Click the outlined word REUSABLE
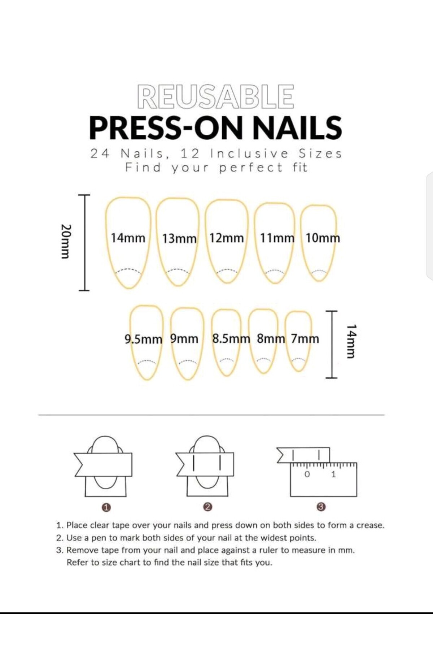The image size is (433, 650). (x=215, y=96)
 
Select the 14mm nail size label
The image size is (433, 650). (x=128, y=238)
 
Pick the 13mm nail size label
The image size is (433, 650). (x=179, y=239)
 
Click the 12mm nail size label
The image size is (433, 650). (x=227, y=238)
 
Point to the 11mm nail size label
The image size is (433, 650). (x=277, y=238)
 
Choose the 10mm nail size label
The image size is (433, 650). (x=323, y=238)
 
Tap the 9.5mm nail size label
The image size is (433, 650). (x=143, y=339)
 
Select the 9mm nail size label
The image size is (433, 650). (x=184, y=339)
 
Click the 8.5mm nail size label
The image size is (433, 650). (x=231, y=339)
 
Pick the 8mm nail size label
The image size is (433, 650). (x=271, y=339)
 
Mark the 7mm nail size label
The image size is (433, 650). (x=305, y=339)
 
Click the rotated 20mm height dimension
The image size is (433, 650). (x=65, y=241)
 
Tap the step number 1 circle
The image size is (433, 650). (x=106, y=507)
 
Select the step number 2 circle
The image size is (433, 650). (x=207, y=507)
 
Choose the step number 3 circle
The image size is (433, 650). (x=322, y=507)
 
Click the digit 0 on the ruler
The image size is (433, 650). (x=307, y=474)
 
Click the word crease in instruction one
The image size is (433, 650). (x=370, y=525)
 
